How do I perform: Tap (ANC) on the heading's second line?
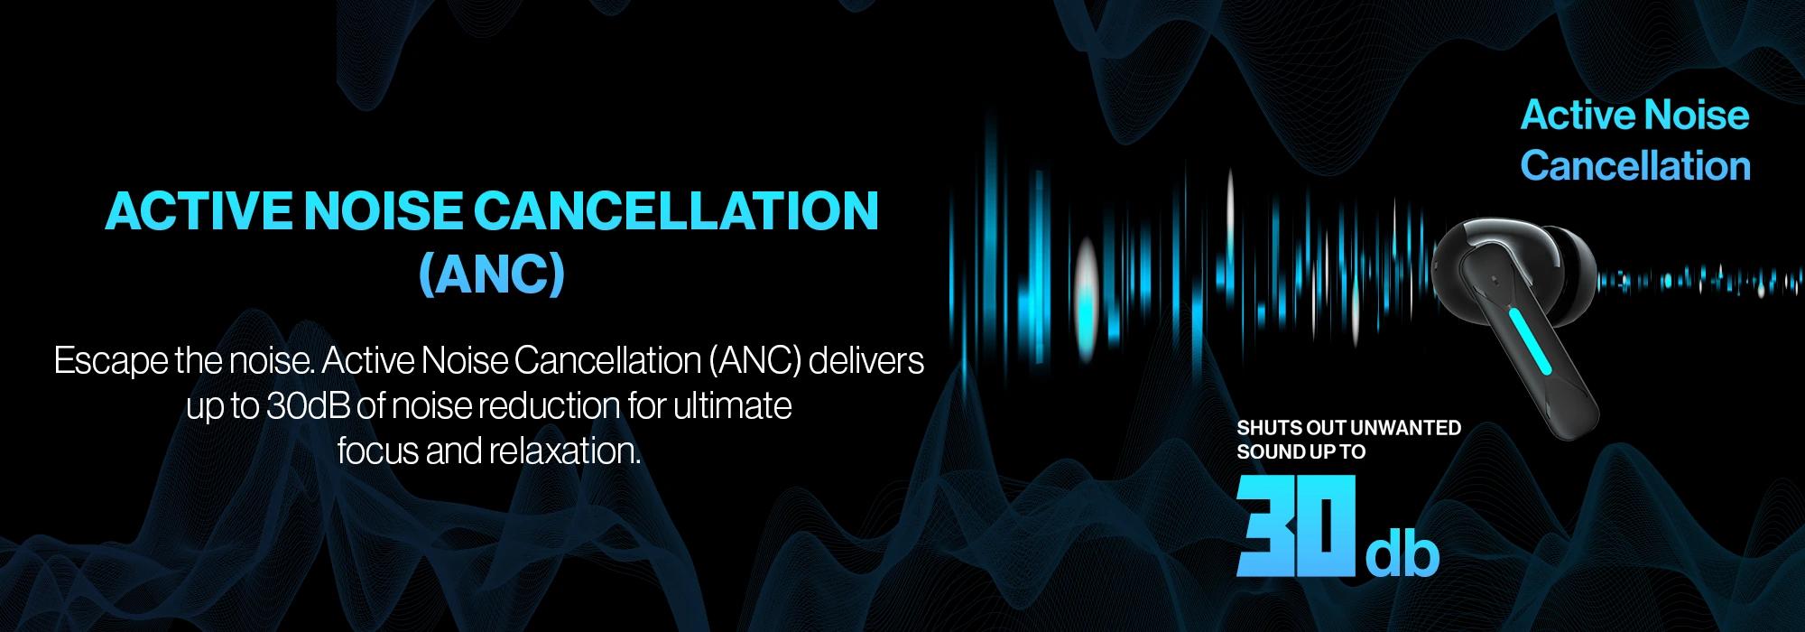click(492, 275)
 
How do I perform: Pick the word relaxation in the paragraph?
click(564, 451)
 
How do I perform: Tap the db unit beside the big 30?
click(1402, 553)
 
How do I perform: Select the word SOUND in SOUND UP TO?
click(1265, 452)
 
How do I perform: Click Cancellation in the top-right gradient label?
click(1635, 166)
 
